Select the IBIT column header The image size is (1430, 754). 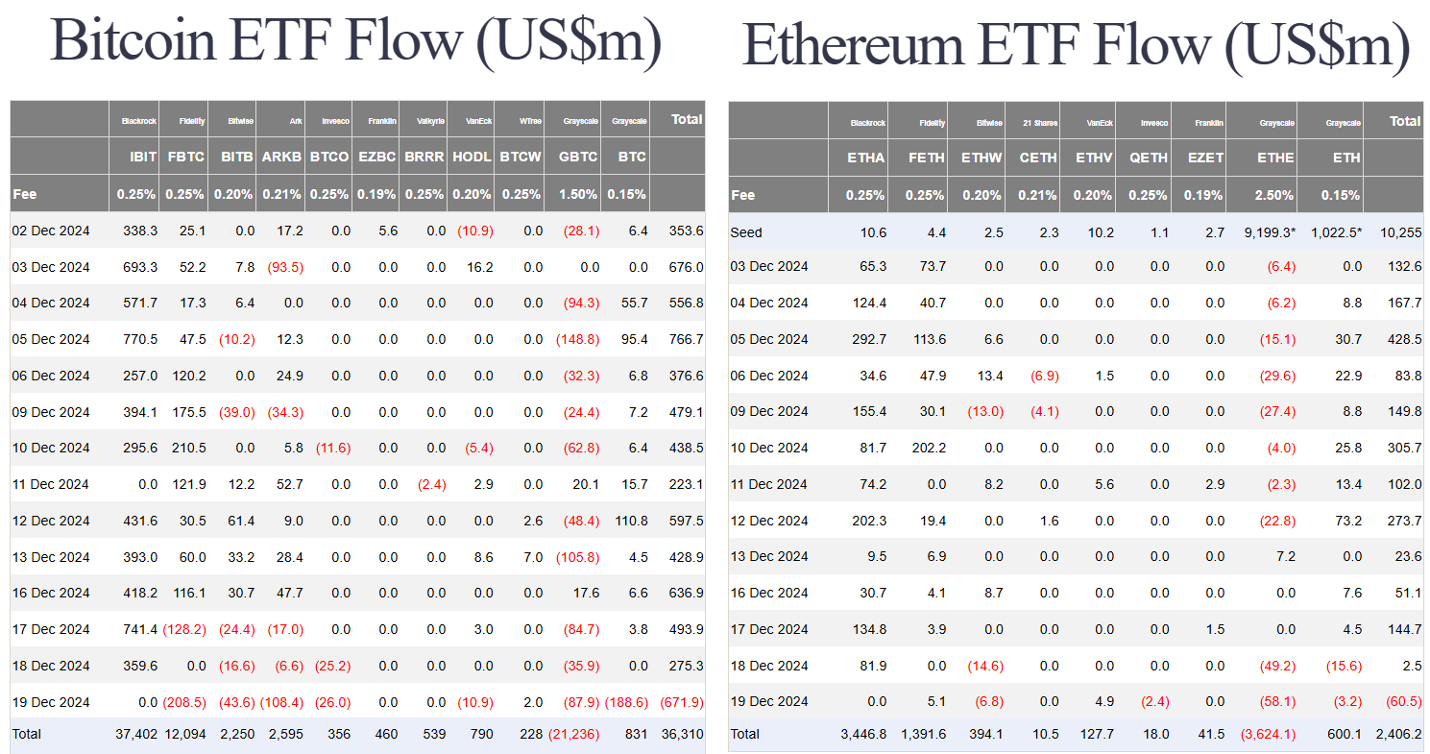[142, 157]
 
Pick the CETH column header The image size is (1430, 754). [1038, 158]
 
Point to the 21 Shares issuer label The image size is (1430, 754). [1040, 123]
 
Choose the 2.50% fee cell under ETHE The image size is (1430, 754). [1275, 195]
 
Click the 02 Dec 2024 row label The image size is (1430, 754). [51, 231]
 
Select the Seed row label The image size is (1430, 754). [746, 231]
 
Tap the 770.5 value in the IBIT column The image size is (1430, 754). [138, 339]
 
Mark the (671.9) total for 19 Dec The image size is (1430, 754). [681, 701]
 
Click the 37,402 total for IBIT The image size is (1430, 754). [136, 734]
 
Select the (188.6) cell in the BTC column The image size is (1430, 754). [627, 701]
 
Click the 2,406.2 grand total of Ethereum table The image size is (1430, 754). [1398, 734]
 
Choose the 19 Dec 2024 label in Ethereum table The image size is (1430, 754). [769, 701]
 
